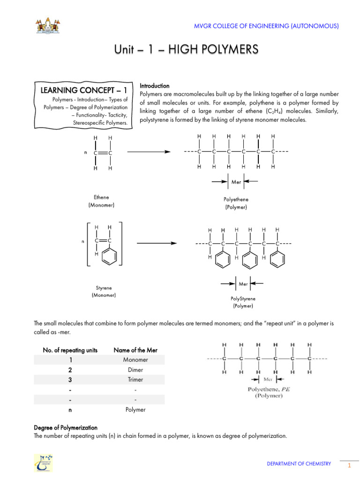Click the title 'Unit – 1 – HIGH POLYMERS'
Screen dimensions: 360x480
186,50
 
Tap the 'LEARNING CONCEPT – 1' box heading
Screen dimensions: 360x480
84,90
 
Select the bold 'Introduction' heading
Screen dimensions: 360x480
155,86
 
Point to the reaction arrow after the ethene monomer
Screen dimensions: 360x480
149,151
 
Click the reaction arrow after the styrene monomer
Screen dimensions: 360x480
156,243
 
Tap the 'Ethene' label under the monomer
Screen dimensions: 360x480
101,197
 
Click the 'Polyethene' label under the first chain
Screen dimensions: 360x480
236,199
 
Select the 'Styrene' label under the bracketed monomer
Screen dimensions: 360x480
104,288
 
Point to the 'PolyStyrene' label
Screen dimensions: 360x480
243,298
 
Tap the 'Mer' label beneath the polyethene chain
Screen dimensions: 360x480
236,181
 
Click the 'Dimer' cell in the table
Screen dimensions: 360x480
135,369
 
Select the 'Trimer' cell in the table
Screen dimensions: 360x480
135,380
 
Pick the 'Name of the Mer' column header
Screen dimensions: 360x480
135,350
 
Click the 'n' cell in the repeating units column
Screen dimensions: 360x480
70,410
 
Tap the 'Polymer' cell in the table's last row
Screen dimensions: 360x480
135,410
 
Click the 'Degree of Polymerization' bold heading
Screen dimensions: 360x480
66,427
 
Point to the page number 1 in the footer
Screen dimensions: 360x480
349,465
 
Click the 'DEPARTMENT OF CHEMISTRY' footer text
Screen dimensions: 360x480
299,464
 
